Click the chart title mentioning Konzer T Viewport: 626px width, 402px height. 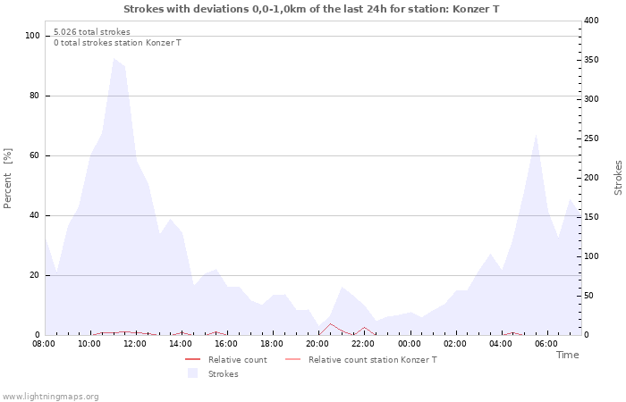coord(311,9)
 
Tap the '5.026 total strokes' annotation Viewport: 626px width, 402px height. coord(91,32)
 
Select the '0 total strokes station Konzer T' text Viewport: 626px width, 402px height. coord(117,43)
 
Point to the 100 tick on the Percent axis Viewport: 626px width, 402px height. coord(32,36)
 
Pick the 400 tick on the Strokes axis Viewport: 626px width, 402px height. coord(592,20)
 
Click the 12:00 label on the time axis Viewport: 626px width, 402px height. coord(135,343)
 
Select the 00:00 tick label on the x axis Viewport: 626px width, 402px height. coord(409,343)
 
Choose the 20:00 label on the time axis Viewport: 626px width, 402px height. coord(317,343)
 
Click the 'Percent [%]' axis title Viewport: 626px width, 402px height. coord(8,178)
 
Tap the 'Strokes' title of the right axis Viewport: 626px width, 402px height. coord(618,178)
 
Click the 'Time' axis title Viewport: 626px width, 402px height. coord(567,355)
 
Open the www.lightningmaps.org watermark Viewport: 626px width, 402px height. coord(50,397)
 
